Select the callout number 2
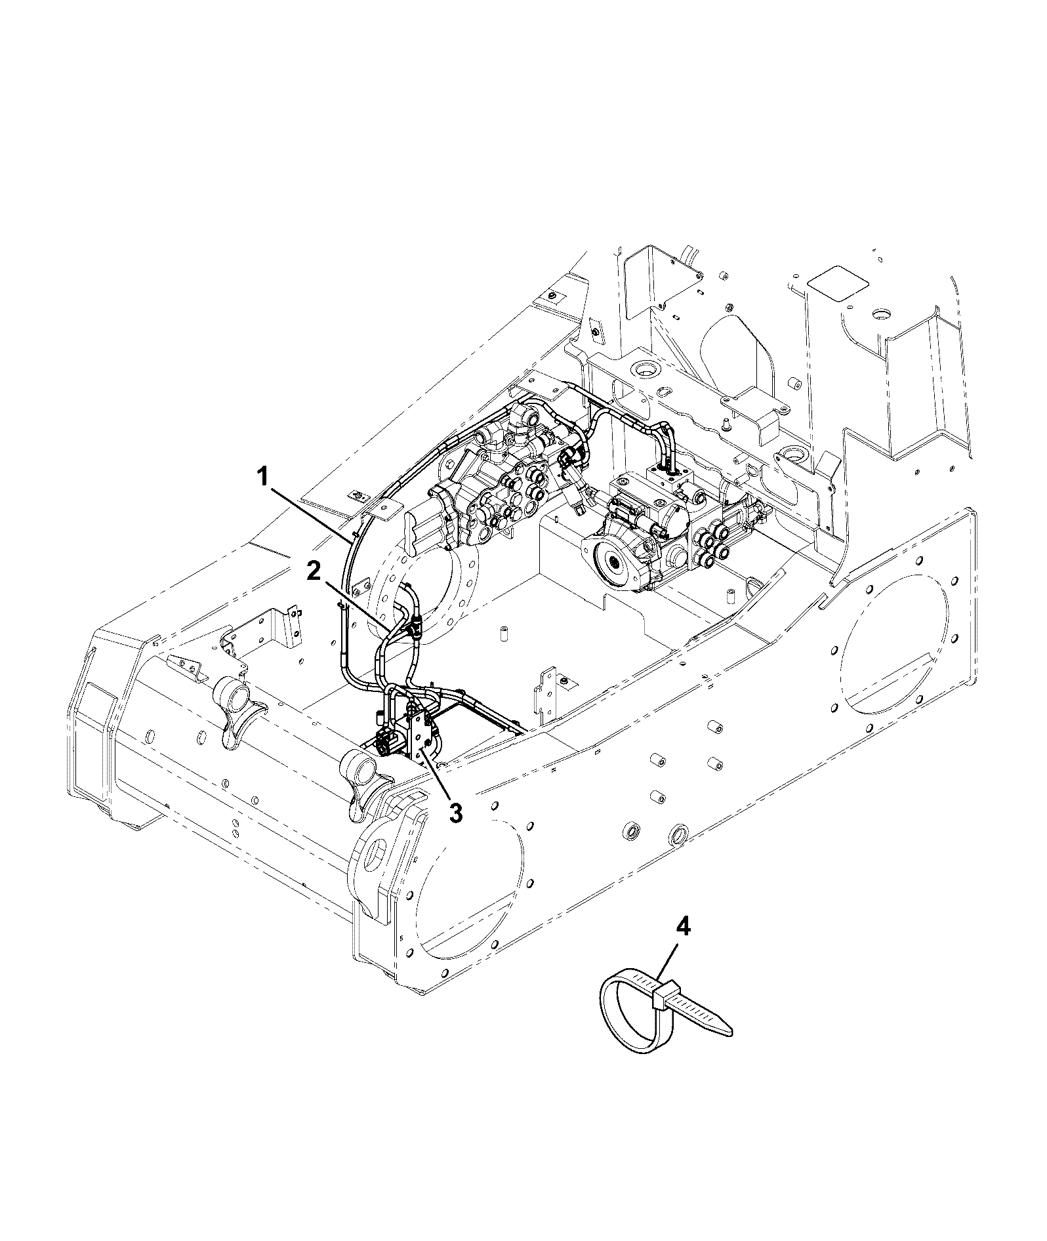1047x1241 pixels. tap(314, 572)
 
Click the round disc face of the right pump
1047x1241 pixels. tap(613, 559)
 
